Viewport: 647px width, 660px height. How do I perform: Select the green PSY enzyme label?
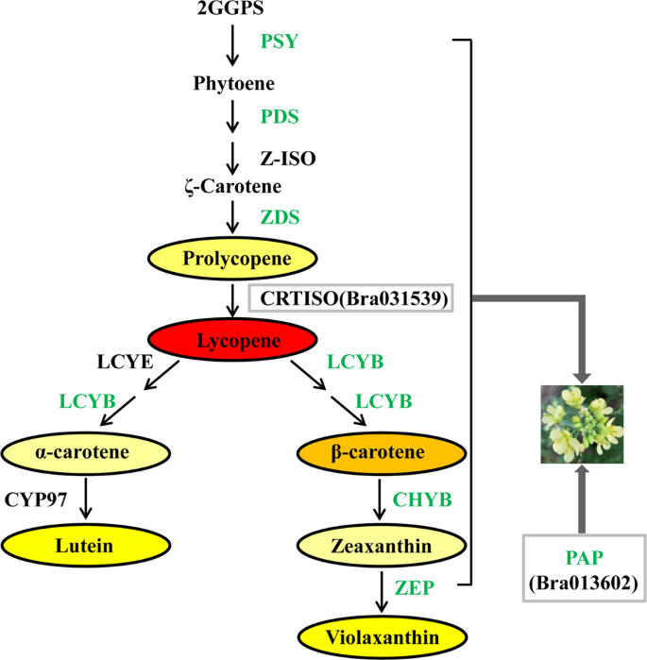[280, 42]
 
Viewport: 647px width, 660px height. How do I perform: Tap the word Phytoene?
[233, 84]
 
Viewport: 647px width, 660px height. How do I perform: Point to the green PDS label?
[280, 117]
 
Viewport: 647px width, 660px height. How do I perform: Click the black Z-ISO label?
[287, 159]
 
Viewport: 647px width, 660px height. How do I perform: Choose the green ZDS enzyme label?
[280, 217]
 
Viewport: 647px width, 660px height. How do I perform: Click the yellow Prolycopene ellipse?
[232, 257]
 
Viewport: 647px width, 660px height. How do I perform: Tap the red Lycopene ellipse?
[232, 340]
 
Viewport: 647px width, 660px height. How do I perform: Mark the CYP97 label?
[37, 499]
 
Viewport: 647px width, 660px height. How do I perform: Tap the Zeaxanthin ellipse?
[380, 545]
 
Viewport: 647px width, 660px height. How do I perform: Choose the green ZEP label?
[416, 588]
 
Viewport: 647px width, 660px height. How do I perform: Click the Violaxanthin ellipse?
[381, 637]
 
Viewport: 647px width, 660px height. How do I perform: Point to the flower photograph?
[581, 425]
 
